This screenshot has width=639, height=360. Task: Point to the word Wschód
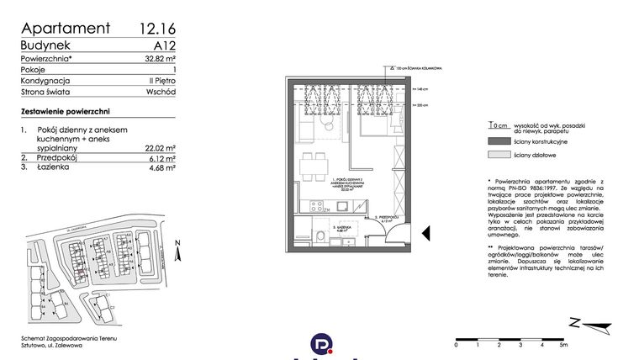coord(159,92)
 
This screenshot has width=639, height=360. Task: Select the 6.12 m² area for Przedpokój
coord(160,157)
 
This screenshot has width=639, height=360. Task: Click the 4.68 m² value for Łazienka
coord(160,168)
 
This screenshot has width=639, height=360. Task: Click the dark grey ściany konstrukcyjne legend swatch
coord(498,141)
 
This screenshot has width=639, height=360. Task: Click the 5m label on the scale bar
coord(564,345)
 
